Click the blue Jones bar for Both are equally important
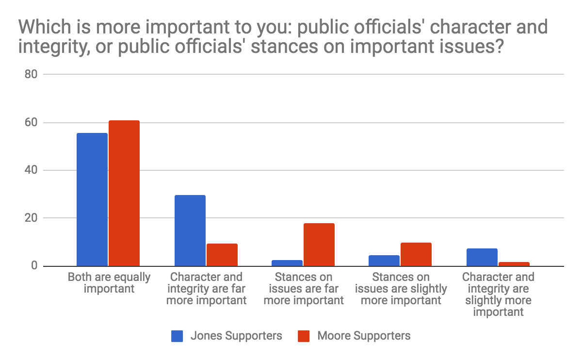pyautogui.click(x=92, y=199)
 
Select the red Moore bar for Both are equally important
pyautogui.click(x=124, y=193)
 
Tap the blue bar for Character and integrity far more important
pyautogui.click(x=190, y=230)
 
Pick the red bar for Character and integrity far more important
pyautogui.click(x=222, y=255)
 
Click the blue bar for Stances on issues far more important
pyautogui.click(x=288, y=263)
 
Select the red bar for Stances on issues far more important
pyautogui.click(x=319, y=245)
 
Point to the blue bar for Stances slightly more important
pyautogui.click(x=384, y=261)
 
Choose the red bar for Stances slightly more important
pyautogui.click(x=416, y=254)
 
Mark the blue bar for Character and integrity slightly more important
pyautogui.click(x=482, y=257)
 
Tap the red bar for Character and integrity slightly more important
pyautogui.click(x=514, y=264)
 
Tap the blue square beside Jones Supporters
pyautogui.click(x=177, y=336)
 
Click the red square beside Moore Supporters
pyautogui.click(x=304, y=336)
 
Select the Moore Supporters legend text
pyautogui.click(x=364, y=336)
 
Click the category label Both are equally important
pyautogui.click(x=109, y=282)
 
